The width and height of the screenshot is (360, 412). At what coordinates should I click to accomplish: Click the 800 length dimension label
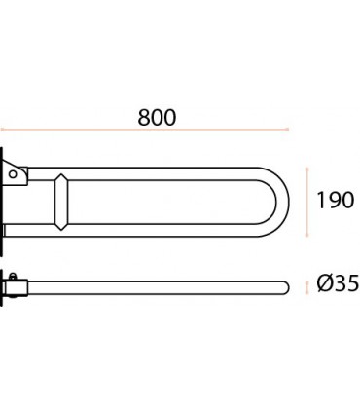(157, 117)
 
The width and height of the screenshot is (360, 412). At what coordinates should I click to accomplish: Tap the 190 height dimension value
(336, 201)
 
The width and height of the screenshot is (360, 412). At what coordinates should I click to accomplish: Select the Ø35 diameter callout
(338, 283)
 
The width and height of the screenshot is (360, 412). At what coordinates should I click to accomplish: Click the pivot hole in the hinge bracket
(13, 174)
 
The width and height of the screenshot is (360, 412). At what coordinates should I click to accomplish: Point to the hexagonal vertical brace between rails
(61, 202)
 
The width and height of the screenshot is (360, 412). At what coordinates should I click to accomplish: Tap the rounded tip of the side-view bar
(285, 287)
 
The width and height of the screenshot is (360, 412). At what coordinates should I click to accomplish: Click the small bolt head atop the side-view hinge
(13, 277)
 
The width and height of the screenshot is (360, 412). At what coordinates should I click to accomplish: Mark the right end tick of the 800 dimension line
(287, 130)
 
